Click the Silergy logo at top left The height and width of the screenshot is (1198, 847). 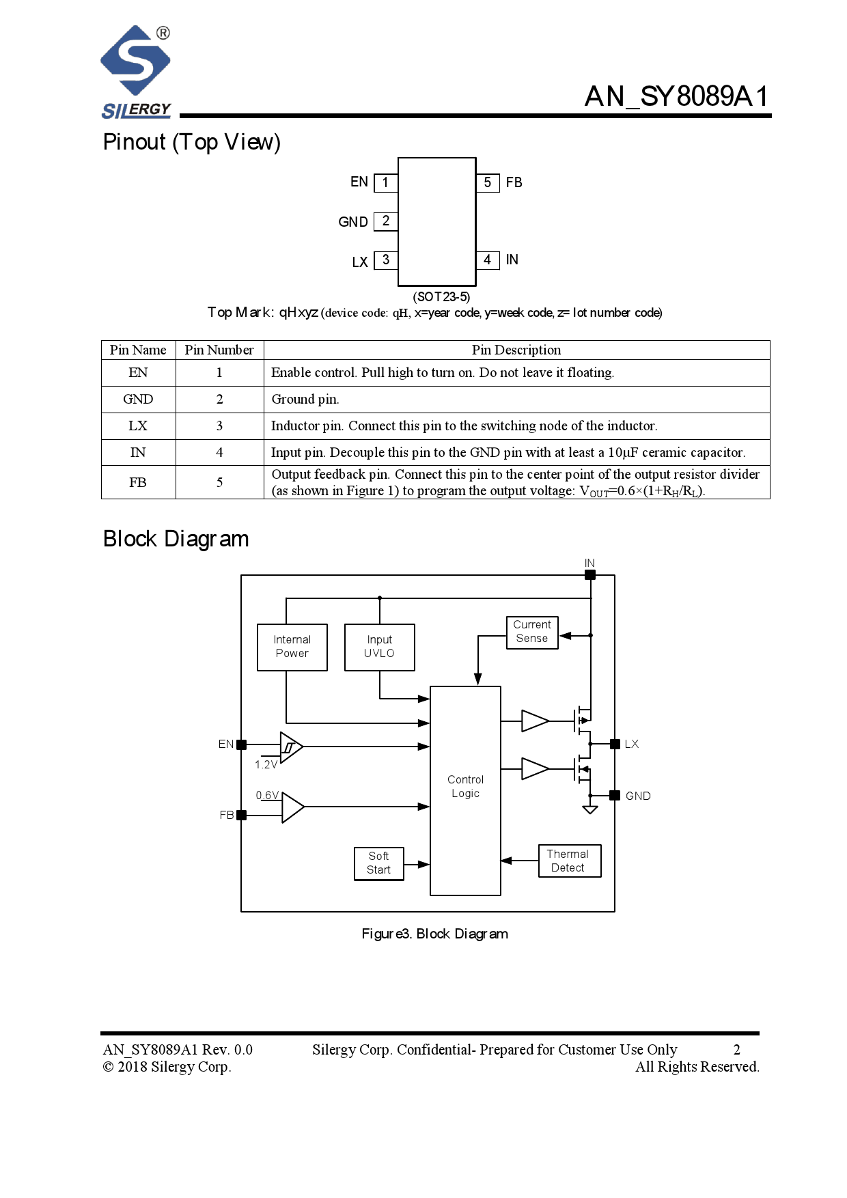[x=135, y=70]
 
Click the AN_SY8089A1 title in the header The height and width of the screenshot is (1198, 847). [x=676, y=96]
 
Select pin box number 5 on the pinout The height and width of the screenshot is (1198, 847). [x=487, y=182]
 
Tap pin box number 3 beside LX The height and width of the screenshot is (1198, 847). [x=386, y=260]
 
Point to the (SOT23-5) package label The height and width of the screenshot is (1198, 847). [x=441, y=296]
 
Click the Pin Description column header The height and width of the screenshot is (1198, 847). [x=516, y=350]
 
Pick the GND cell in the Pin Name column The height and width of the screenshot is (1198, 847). [x=138, y=399]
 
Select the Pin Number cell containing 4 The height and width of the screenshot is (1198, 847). [x=219, y=452]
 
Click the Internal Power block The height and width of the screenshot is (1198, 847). [x=292, y=647]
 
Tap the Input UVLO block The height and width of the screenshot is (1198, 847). [x=379, y=647]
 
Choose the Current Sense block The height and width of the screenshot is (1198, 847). [x=532, y=632]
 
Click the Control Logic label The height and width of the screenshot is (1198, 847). [x=465, y=786]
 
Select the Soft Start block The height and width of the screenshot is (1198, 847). [x=378, y=863]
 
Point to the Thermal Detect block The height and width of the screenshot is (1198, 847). [x=569, y=861]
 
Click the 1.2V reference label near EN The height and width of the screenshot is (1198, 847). [x=266, y=764]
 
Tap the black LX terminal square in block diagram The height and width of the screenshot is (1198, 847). [x=615, y=744]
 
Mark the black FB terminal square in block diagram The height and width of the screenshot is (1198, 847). [x=241, y=815]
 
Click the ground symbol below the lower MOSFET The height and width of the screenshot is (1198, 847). [x=590, y=810]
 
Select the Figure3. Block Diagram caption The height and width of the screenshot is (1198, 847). [x=434, y=934]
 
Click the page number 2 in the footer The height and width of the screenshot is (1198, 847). [x=736, y=1049]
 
